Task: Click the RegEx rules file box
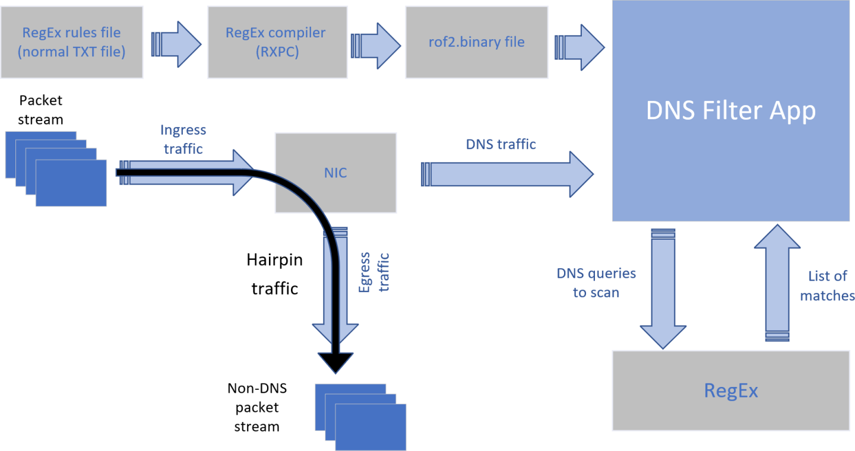coord(71,42)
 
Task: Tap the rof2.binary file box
coord(476,42)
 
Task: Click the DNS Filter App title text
coord(731,111)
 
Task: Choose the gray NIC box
coord(335,173)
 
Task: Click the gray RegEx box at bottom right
coord(731,390)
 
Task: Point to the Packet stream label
coord(40,110)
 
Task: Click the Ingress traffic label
coord(183,139)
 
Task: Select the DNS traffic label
coord(501,144)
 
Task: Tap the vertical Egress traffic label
coord(374,272)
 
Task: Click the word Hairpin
coord(274,260)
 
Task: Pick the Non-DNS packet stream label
coord(256,407)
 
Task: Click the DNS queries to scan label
coord(596,282)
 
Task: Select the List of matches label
coord(827,285)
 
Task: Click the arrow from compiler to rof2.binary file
coord(376,43)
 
